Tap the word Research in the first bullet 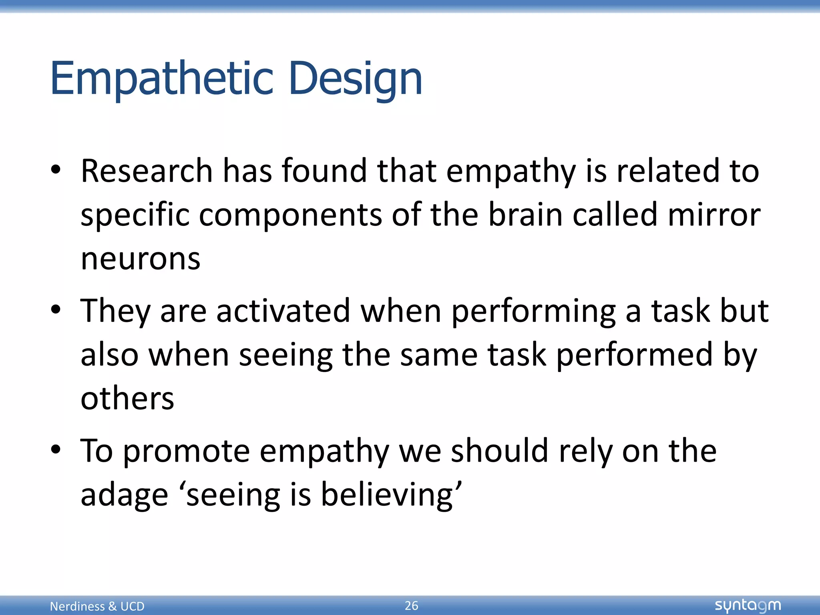pos(147,171)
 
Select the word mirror pos(714,215)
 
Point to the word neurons pos(141,259)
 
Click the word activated pos(283,311)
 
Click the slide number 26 pos(411,605)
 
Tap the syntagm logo pos(748,605)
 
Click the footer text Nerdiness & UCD pos(97,606)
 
